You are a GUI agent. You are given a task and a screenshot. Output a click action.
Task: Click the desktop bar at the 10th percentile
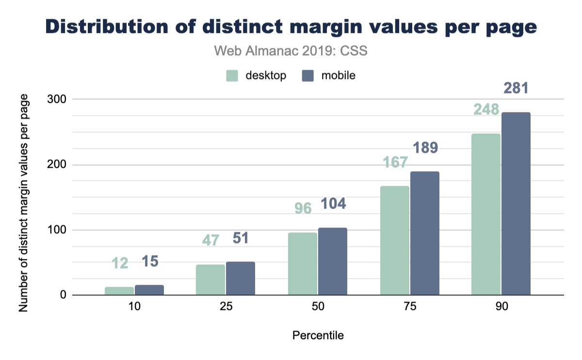tap(119, 291)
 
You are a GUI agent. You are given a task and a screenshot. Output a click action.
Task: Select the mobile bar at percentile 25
tap(241, 278)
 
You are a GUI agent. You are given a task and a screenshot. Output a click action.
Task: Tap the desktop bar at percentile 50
tap(303, 263)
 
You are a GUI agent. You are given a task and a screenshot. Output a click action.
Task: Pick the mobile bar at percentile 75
tap(424, 233)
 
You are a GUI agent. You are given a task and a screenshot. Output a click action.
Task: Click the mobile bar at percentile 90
tap(516, 203)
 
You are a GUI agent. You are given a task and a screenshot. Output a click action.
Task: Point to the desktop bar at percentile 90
tap(486, 214)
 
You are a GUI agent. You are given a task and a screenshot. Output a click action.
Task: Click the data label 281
tap(516, 89)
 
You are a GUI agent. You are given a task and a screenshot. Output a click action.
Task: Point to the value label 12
tap(120, 263)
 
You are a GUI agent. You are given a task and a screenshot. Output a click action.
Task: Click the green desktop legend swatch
tap(232, 76)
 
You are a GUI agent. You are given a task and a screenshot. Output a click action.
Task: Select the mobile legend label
tap(339, 76)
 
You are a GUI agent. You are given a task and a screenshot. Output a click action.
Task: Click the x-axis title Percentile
tap(318, 335)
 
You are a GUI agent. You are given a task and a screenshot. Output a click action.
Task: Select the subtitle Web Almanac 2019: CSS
tap(291, 51)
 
